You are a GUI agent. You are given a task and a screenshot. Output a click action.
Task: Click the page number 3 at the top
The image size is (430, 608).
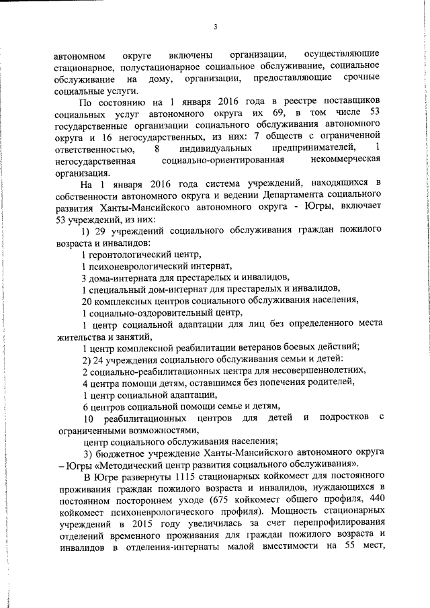[215, 26]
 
